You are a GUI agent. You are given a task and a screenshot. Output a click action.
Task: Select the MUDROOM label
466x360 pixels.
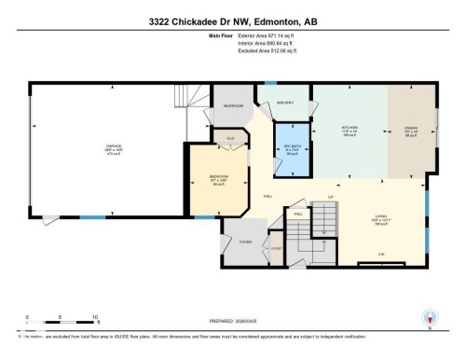(232, 105)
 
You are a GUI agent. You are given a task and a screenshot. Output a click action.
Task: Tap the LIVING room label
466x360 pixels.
(380, 219)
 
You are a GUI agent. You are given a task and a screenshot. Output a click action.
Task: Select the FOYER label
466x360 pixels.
(245, 241)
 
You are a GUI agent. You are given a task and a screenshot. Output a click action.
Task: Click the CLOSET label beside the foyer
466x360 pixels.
(276, 247)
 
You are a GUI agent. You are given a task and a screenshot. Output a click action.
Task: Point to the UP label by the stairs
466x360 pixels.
(330, 197)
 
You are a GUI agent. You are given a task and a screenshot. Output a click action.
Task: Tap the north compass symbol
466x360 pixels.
(431, 317)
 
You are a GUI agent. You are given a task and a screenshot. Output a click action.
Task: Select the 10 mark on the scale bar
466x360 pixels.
(95, 316)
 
